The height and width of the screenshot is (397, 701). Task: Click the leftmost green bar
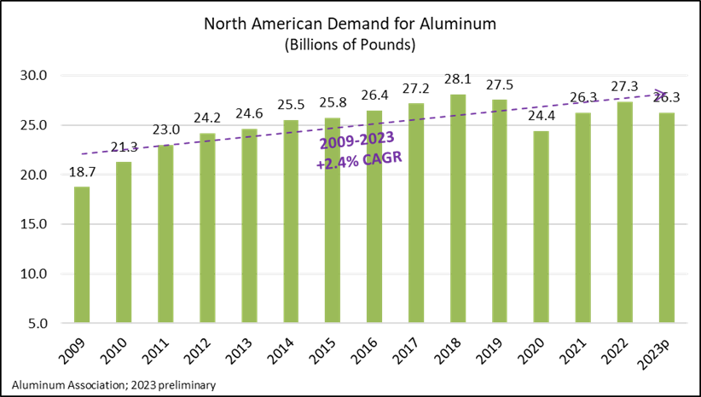click(x=82, y=255)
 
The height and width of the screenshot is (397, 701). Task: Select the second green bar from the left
click(x=124, y=242)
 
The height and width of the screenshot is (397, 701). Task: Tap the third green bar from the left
click(x=165, y=233)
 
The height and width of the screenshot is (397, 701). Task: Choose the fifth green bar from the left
click(x=249, y=226)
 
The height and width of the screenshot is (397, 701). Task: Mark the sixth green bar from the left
click(x=291, y=221)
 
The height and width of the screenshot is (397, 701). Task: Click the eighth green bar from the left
click(x=374, y=216)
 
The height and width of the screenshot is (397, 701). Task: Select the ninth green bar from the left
click(x=416, y=213)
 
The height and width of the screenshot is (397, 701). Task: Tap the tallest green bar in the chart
click(x=458, y=208)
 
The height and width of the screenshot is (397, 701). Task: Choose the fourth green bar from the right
click(x=542, y=227)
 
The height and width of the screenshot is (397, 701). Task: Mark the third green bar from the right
click(x=582, y=217)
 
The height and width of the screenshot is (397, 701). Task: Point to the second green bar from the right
click(x=625, y=212)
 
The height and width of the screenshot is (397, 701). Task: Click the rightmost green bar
click(x=666, y=217)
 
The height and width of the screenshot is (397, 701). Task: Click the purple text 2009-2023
click(x=356, y=141)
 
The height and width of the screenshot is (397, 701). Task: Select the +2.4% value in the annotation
click(x=337, y=163)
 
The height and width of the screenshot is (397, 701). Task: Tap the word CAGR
click(x=383, y=158)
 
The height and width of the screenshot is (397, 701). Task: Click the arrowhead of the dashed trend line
click(x=660, y=95)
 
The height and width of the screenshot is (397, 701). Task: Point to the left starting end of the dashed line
click(x=83, y=154)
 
